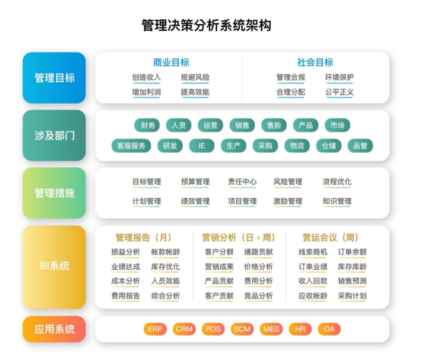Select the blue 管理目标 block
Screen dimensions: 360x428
click(54, 78)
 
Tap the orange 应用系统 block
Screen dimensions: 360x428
click(54, 329)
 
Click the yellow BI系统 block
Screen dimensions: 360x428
click(54, 266)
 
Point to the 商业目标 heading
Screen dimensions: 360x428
click(171, 62)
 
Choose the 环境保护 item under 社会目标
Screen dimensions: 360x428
click(339, 77)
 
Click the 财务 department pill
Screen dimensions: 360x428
click(148, 125)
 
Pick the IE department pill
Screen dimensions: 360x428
click(201, 145)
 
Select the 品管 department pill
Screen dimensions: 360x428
click(360, 145)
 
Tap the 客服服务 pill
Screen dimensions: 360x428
click(131, 145)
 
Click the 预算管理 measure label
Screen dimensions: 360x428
click(195, 181)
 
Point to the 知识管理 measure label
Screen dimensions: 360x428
click(337, 201)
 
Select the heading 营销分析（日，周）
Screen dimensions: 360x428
click(239, 237)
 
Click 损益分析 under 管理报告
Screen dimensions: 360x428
click(125, 252)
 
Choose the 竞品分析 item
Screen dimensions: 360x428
click(258, 295)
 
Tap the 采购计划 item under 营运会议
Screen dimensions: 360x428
click(352, 295)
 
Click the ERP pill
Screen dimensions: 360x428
click(155, 329)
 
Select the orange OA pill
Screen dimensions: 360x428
click(329, 329)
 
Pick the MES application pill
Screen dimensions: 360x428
click(271, 329)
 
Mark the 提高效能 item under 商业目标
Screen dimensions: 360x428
click(195, 92)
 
